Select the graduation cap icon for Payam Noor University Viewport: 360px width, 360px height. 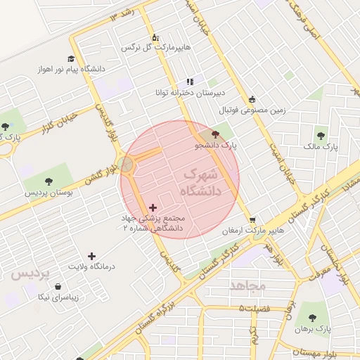click(71, 58)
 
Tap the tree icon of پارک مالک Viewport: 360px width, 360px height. click(321, 136)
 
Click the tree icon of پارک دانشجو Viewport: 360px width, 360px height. click(214, 134)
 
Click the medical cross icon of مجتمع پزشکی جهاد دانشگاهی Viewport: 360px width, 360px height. click(153, 207)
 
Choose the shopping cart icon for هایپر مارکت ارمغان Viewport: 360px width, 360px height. click(252, 219)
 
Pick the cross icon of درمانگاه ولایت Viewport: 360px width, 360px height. click(91, 256)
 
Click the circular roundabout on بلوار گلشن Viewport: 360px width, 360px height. click(126, 164)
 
